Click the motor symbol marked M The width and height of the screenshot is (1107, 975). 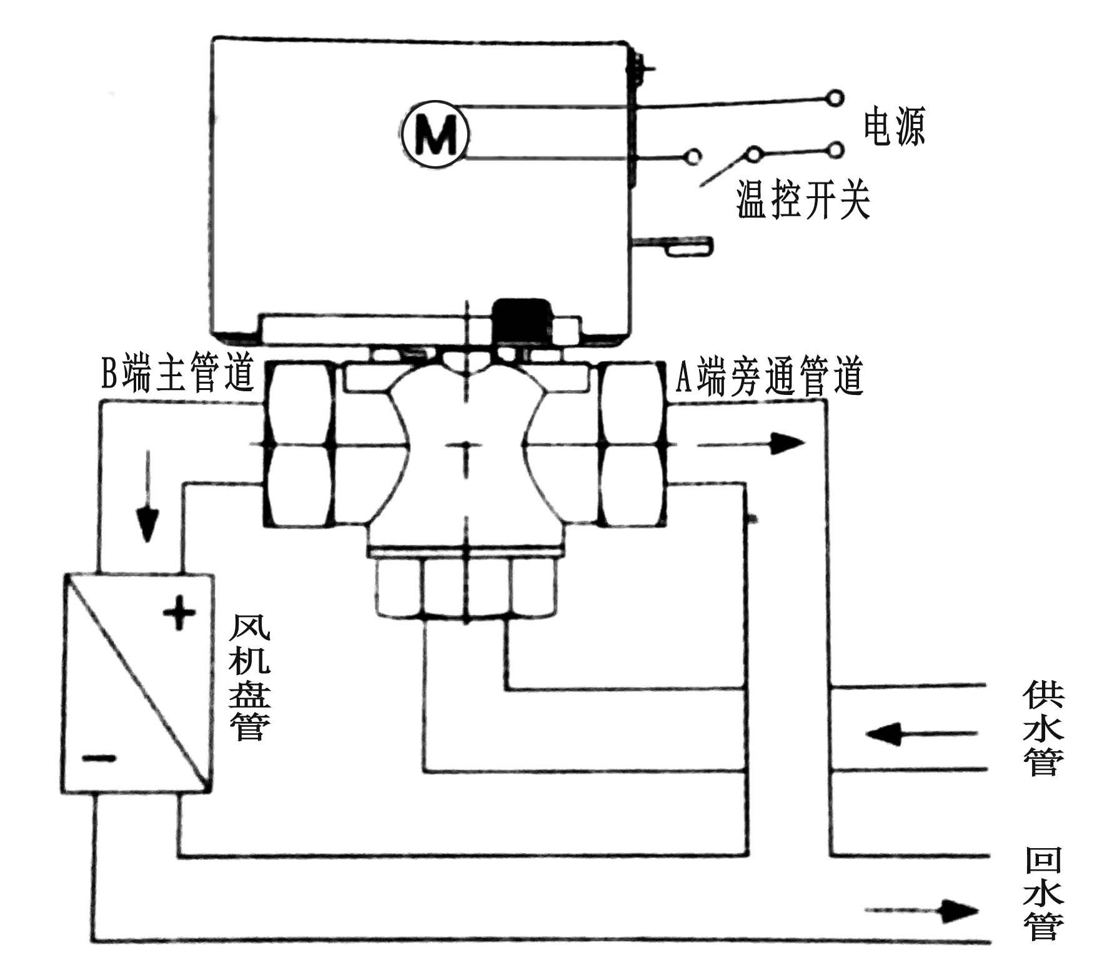click(x=435, y=132)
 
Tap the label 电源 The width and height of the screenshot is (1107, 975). click(x=894, y=127)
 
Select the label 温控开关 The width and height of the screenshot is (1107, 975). click(x=803, y=201)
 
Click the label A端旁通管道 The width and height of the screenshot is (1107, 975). click(x=769, y=377)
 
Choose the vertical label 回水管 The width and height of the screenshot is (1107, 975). click(x=1043, y=893)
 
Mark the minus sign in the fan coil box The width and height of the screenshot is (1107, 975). click(x=99, y=759)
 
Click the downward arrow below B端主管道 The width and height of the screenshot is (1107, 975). click(x=148, y=494)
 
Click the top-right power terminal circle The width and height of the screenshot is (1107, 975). click(x=834, y=97)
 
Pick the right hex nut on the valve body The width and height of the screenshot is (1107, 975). click(x=630, y=444)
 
